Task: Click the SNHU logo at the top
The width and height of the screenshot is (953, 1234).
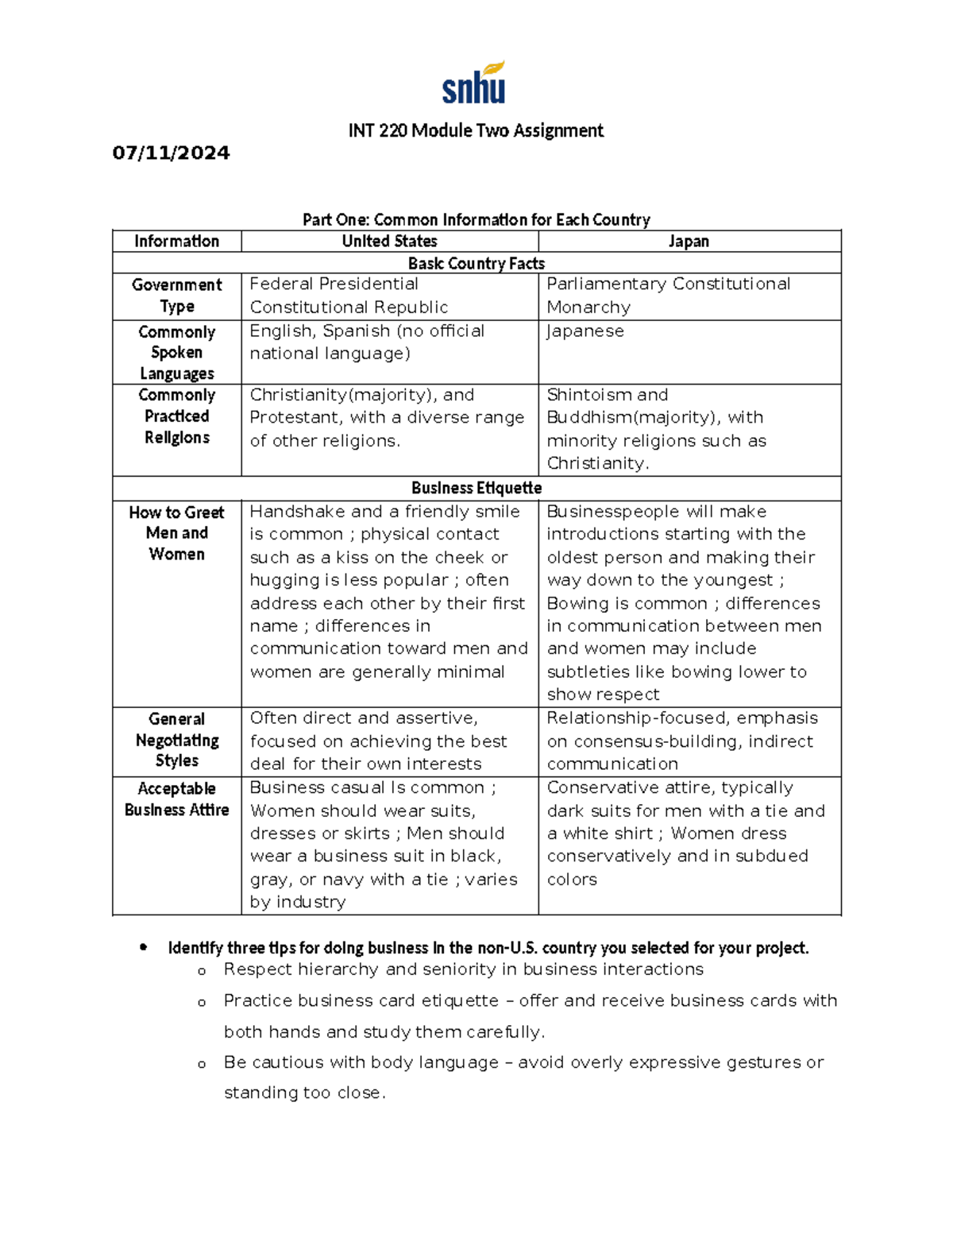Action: pos(474,83)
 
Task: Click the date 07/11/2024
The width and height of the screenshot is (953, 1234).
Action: pos(171,153)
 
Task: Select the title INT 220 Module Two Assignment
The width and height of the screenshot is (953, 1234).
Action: pos(476,130)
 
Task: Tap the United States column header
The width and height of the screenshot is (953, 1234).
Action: pos(389,241)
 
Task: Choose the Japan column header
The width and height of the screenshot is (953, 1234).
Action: pos(689,241)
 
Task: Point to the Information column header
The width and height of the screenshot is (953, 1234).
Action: pos(176,241)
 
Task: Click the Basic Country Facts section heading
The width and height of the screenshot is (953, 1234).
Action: pos(476,263)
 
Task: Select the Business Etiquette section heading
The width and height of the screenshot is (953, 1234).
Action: pos(476,488)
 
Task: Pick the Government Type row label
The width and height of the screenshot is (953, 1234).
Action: pos(176,296)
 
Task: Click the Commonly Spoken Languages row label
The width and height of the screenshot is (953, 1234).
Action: pos(176,352)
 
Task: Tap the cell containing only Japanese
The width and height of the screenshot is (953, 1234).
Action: pos(585,331)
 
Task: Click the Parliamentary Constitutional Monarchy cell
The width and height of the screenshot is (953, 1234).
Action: pos(668,296)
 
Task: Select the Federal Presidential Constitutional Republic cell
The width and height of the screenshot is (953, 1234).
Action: pos(349,296)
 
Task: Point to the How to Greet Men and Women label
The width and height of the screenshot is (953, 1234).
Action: pos(176,533)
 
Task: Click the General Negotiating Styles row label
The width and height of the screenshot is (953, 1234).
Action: pos(176,740)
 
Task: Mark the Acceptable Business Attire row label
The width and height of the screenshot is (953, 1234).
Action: pos(176,799)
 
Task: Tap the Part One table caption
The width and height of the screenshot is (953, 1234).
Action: pos(476,219)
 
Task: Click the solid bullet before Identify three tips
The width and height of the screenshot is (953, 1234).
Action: pos(143,947)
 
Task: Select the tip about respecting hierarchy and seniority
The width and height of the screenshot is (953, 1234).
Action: pos(463,969)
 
